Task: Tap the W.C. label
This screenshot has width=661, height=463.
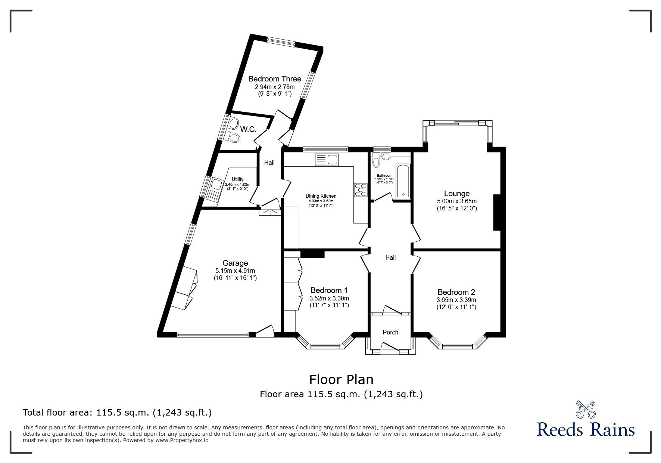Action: (248, 129)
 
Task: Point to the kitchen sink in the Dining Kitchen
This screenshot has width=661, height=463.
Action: (327, 160)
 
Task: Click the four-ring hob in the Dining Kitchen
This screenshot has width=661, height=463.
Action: (361, 189)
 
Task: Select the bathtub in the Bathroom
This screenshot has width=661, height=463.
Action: (403, 181)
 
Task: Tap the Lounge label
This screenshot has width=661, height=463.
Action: (456, 194)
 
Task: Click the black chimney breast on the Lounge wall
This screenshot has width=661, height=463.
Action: (497, 212)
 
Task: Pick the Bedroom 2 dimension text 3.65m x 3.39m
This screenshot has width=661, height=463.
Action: (456, 300)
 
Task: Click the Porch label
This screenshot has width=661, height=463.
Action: (390, 332)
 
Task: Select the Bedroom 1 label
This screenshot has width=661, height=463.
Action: (329, 290)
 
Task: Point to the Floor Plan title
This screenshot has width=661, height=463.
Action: (341, 380)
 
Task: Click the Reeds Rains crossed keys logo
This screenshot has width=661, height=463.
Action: (586, 410)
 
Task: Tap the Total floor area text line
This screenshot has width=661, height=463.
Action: (117, 413)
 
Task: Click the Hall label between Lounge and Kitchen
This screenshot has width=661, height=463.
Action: (390, 257)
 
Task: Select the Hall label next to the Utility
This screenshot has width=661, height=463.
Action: (269, 163)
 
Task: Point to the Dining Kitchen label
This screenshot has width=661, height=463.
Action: (321, 196)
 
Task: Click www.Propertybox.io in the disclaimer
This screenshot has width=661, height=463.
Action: (182, 440)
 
